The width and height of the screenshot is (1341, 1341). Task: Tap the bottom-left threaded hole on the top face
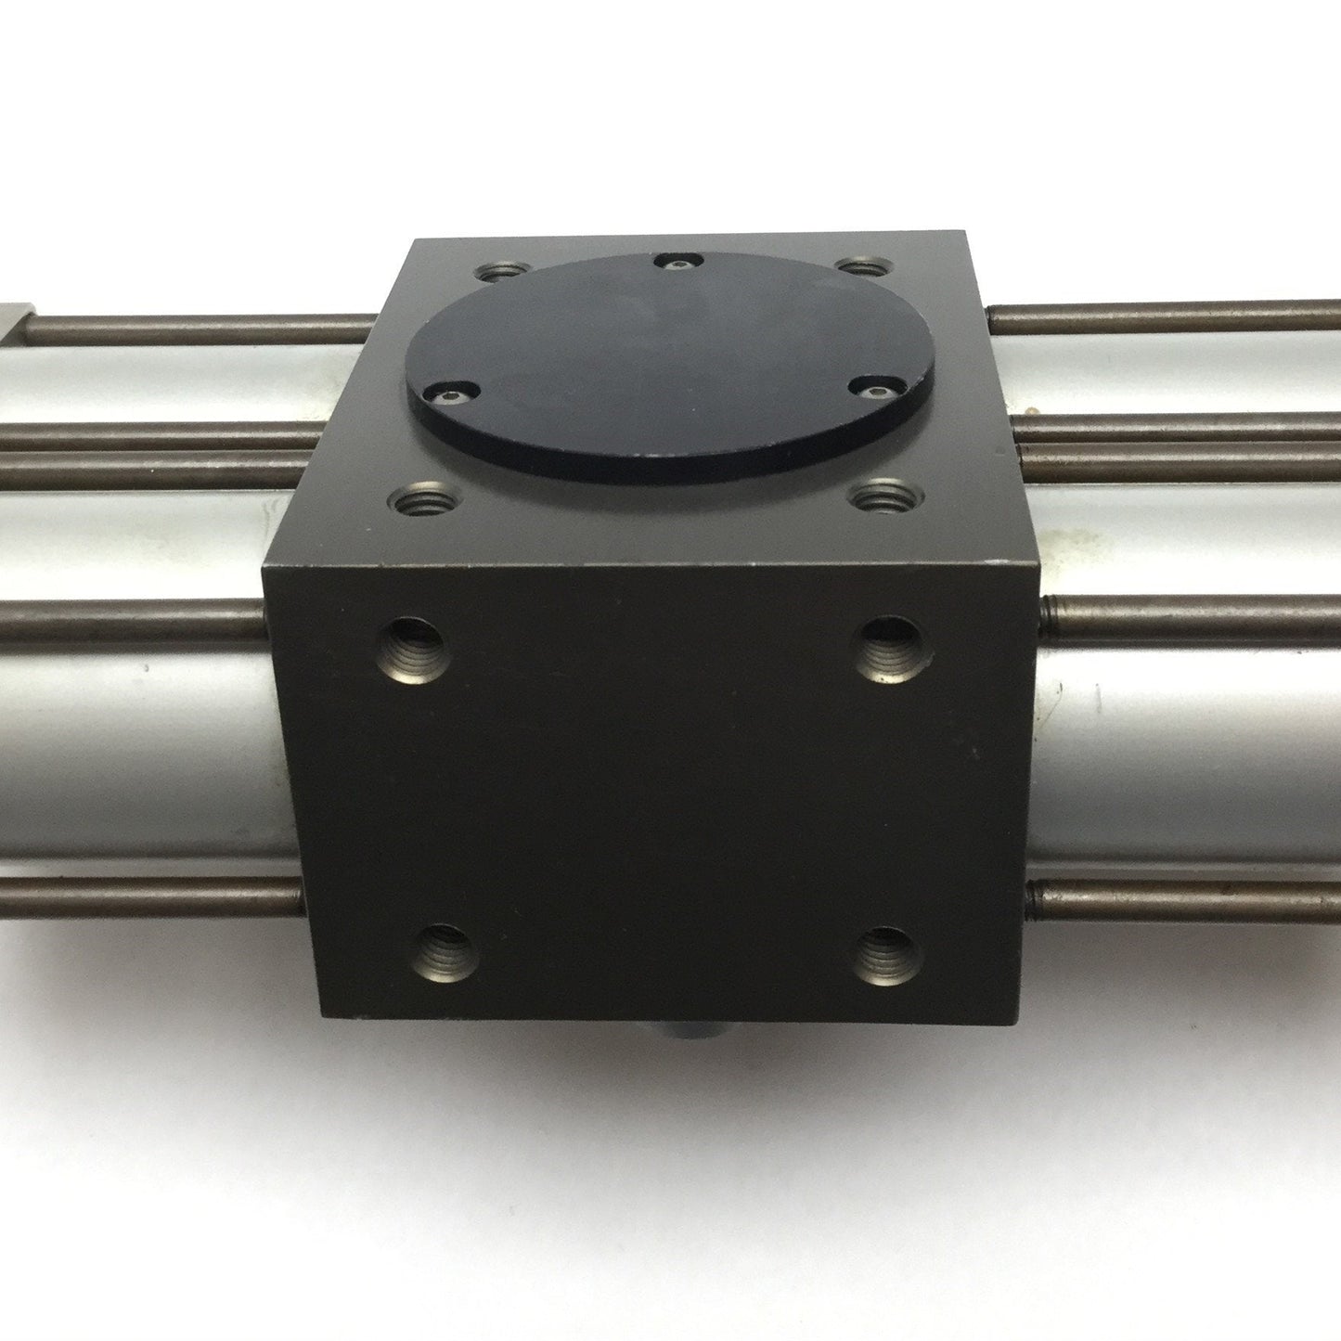coord(419,503)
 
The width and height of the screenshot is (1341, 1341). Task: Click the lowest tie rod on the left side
coord(148,897)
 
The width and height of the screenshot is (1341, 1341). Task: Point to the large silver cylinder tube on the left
coord(139,752)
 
